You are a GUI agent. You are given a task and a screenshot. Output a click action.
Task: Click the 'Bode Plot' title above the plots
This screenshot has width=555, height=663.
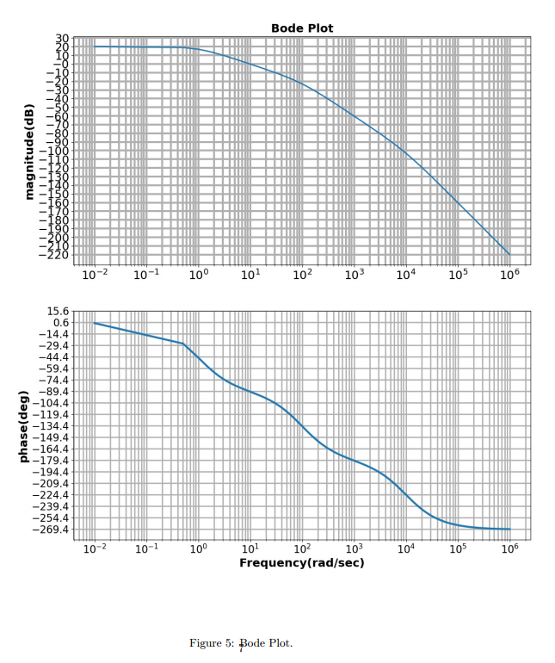[x=302, y=28]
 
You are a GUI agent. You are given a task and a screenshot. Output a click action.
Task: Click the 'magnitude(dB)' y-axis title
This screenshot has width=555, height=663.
[x=29, y=152]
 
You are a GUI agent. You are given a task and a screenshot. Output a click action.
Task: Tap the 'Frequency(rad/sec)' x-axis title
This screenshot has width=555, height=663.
[x=301, y=563]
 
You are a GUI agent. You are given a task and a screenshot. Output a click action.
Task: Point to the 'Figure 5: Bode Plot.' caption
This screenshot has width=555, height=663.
[x=241, y=643]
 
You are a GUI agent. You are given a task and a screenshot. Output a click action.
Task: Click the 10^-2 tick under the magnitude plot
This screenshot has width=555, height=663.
[x=95, y=276]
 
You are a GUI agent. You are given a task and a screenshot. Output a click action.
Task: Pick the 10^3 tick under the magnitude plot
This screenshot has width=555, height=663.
[x=354, y=276]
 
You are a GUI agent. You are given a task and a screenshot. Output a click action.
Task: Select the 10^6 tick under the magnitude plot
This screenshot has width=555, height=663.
[x=509, y=276]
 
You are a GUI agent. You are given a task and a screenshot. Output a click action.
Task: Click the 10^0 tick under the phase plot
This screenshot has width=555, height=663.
[x=198, y=548]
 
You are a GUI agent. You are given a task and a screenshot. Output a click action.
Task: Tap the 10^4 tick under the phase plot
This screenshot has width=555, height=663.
[x=405, y=548]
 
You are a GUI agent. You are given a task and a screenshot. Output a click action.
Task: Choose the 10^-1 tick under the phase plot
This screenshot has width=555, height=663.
[x=146, y=548]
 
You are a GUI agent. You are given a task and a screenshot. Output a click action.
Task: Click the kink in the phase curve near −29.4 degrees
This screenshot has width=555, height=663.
[x=183, y=344]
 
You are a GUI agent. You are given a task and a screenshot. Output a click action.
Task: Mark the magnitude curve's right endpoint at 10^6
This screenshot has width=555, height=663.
[x=509, y=255]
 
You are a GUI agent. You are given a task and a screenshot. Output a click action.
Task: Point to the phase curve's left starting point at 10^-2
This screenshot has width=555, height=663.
[x=95, y=323]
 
